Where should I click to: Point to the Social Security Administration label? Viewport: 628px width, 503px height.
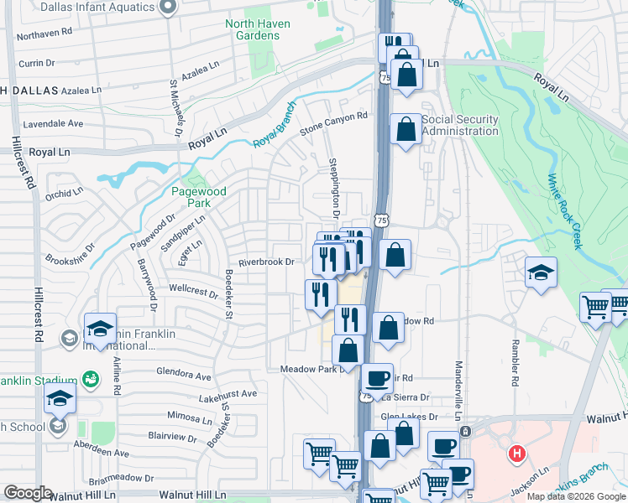click(x=460, y=125)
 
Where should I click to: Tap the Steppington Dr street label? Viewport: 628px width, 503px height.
click(x=333, y=188)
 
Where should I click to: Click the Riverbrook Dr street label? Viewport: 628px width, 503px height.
click(x=266, y=262)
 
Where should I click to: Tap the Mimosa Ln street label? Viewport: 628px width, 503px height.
click(x=190, y=416)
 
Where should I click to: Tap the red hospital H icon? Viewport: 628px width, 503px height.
click(x=517, y=454)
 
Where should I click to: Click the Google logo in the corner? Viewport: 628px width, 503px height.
click(x=28, y=494)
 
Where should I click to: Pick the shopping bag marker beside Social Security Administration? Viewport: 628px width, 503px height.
click(x=406, y=130)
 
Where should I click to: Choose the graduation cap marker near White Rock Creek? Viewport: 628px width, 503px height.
click(x=541, y=272)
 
